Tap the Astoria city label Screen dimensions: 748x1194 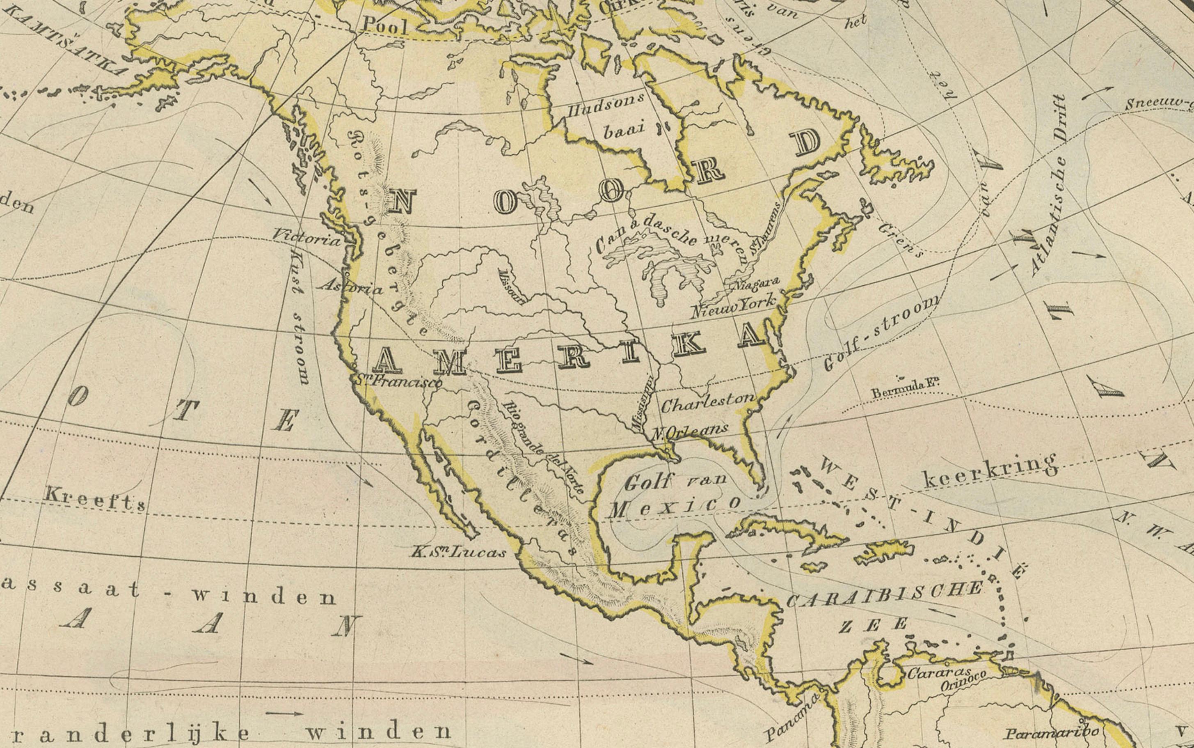click(350, 285)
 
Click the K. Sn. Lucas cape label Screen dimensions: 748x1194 click(458, 552)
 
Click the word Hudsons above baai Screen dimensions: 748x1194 click(606, 105)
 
